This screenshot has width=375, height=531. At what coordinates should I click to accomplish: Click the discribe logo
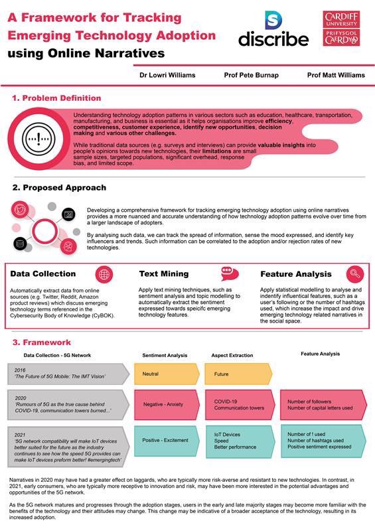[x=273, y=29]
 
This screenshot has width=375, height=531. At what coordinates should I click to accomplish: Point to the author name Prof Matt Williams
[x=336, y=75]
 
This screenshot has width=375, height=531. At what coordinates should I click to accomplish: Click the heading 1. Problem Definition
[x=56, y=98]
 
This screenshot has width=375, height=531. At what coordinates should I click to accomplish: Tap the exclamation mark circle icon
[x=37, y=138]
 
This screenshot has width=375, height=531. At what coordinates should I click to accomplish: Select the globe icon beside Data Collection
[x=104, y=273]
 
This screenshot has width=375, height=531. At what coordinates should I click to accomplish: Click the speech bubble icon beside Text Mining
[x=229, y=273]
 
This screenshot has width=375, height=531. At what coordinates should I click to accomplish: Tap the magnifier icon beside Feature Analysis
[x=356, y=273]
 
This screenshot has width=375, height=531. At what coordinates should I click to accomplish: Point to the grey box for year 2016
[x=66, y=374]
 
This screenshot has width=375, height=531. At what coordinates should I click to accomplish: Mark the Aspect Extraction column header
[x=232, y=355]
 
